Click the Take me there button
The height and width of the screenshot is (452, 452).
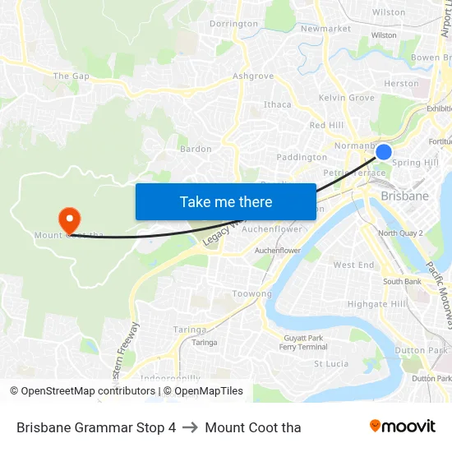coord(225,201)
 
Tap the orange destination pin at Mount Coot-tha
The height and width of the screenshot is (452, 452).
coord(69,219)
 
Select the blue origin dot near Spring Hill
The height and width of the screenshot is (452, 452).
coord(383,151)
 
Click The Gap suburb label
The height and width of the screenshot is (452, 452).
coord(71,76)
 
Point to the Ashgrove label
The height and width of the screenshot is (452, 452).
coord(252,76)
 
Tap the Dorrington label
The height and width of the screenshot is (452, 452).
coord(233,24)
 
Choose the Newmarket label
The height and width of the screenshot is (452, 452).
coord(325,28)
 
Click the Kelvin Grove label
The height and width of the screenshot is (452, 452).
coord(346,98)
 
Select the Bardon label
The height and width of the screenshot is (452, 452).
coord(195,149)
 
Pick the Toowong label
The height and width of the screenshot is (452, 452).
coord(251,293)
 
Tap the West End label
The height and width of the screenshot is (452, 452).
coord(353,265)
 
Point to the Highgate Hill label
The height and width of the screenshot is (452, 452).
coord(376,303)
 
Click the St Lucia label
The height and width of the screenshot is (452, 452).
coord(331,363)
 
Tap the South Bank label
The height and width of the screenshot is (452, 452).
coord(402,282)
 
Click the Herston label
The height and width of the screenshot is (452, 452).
coord(401,83)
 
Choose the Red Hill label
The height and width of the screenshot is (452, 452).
coord(326,125)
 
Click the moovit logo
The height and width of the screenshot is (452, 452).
coord(402,427)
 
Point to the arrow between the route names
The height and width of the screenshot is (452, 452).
coord(190,427)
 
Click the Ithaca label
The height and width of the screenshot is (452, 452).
coord(277,104)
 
